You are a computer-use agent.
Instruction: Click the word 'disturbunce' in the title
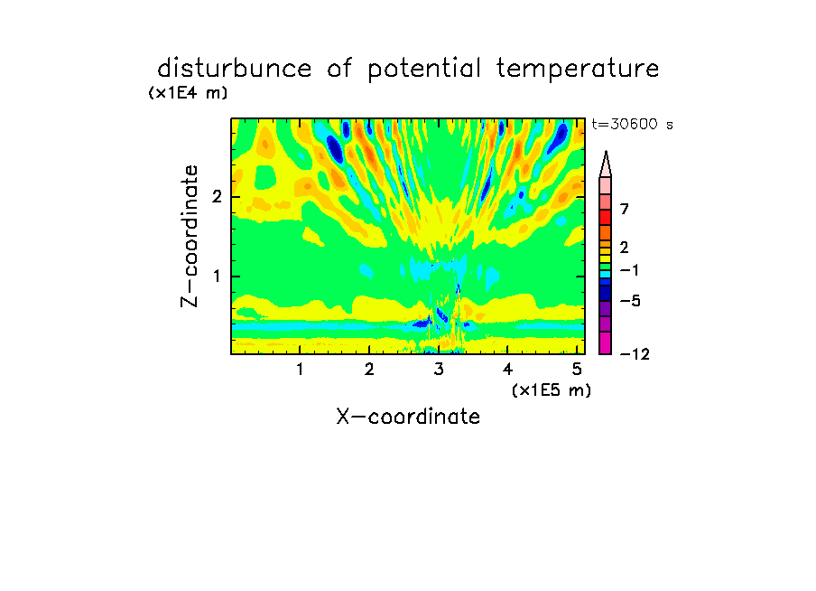coord(235,69)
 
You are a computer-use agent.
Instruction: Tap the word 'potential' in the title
coord(424,70)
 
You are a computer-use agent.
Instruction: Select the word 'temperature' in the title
coord(578,70)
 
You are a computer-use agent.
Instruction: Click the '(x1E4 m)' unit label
coord(188,93)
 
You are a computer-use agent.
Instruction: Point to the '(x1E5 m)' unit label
coord(552,389)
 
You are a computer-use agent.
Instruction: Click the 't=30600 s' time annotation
coord(632,124)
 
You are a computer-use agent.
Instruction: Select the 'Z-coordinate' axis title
coord(190,236)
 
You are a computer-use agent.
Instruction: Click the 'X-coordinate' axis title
coord(408,417)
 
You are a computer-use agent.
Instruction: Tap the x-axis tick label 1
coord(301,370)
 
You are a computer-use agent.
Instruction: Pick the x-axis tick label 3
coord(439,370)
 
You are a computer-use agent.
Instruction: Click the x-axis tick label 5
coord(577,370)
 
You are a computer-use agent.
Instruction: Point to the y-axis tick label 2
coord(217,196)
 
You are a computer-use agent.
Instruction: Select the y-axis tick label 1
coord(217,276)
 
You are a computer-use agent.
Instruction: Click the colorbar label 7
coord(625,209)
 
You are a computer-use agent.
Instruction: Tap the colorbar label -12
coord(635,354)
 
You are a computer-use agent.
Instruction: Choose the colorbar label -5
coord(630,301)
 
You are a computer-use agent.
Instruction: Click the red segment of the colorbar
coord(606,217)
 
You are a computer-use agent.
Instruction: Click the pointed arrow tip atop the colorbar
coord(606,152)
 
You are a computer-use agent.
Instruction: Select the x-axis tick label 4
coord(508,370)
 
